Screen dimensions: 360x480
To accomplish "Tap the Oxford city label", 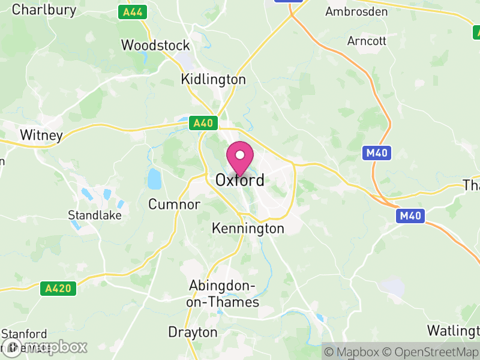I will tap(240, 180).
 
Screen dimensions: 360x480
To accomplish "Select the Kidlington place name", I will tap(214, 80).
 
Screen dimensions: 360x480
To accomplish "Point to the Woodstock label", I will tap(155, 46).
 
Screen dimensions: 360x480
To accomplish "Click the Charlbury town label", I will tap(44, 10).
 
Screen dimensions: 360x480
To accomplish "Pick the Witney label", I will tap(41, 136).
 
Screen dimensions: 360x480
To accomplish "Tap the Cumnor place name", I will tap(174, 205).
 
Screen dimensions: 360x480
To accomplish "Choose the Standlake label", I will tap(95, 215).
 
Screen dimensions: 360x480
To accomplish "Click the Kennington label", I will tap(248, 229).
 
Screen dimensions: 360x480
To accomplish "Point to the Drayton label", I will tap(193, 332).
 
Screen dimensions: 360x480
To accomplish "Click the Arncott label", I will tap(367, 41).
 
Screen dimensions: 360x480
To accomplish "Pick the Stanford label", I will tap(24, 334).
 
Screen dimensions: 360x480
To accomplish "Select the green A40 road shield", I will tap(203, 123).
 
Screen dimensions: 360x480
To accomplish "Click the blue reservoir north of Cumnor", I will tap(154, 178).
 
